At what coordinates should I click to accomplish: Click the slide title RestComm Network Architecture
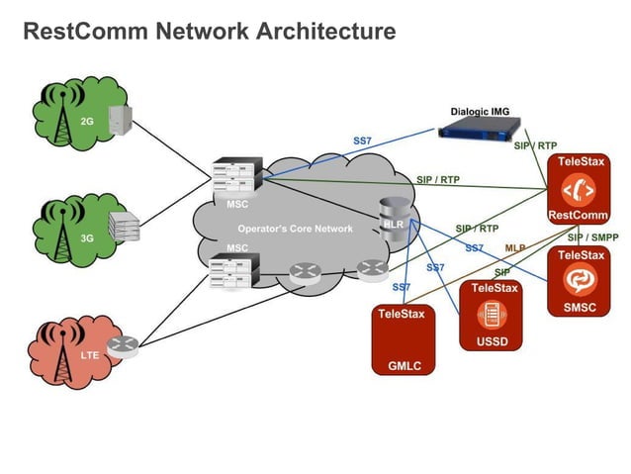click(209, 32)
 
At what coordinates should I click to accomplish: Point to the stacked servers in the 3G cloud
click(122, 227)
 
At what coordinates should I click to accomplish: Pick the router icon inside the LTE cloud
click(123, 345)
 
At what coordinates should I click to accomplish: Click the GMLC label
click(404, 366)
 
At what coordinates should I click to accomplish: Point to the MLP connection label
click(515, 247)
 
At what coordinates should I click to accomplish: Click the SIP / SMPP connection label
click(590, 237)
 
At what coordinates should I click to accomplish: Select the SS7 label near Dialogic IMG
click(362, 141)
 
